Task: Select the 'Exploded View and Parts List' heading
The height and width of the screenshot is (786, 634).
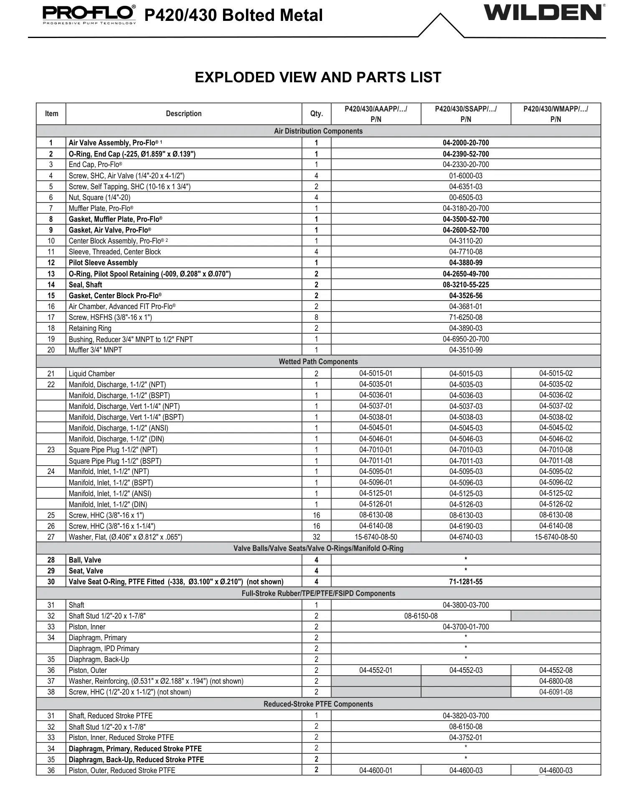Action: pos(318,77)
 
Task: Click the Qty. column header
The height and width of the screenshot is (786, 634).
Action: pos(316,114)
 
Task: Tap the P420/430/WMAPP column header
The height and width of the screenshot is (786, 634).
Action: pos(555,114)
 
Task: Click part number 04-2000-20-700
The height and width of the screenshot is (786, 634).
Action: pos(466,143)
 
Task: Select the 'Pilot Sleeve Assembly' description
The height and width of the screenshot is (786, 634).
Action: pos(103,263)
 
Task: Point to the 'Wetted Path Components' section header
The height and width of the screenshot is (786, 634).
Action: pos(318,362)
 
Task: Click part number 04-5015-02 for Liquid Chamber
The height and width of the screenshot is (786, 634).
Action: pos(555,373)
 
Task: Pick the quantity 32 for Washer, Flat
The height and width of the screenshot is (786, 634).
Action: pos(316,537)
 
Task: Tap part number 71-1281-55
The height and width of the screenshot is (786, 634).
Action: pos(466,582)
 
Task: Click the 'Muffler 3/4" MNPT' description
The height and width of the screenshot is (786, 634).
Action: pos(95,350)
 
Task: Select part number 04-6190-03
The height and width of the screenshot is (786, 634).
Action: pos(466,526)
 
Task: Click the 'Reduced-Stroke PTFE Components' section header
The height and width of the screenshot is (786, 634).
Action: pos(318,704)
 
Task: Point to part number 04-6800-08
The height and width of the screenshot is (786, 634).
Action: pos(555,681)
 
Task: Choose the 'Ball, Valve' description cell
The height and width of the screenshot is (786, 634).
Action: pos(85,560)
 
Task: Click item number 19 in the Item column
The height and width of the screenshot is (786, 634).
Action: pos(51,339)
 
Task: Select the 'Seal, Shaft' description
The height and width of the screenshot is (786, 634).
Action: pos(86,285)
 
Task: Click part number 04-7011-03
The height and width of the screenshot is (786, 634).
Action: pos(466,461)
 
